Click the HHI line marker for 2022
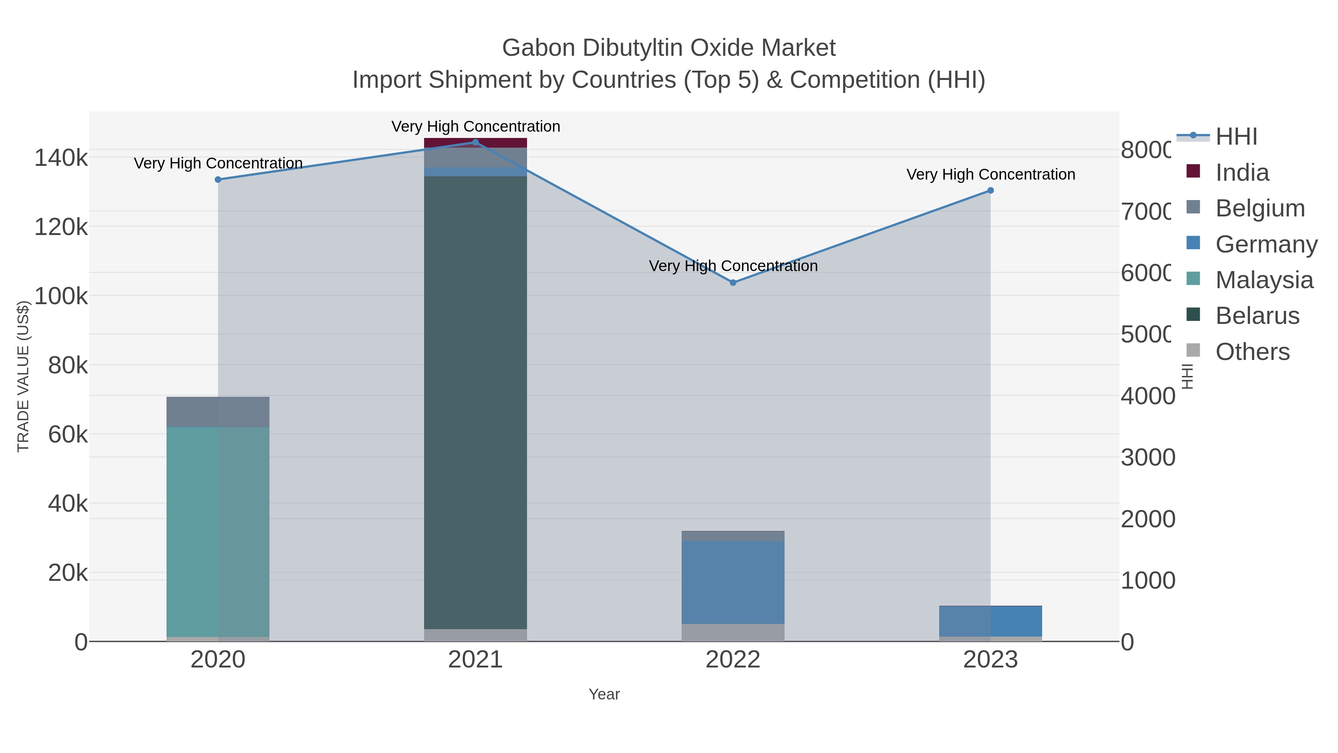(733, 283)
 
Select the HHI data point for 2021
(475, 142)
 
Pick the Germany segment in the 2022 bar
(733, 582)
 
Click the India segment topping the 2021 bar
(475, 143)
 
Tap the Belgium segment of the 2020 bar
(218, 412)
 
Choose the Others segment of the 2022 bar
(733, 633)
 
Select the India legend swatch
(1193, 171)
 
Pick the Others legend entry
(1252, 352)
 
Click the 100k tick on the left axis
(61, 296)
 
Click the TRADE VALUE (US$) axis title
(23, 376)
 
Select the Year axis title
(604, 694)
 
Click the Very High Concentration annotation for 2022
(733, 266)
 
